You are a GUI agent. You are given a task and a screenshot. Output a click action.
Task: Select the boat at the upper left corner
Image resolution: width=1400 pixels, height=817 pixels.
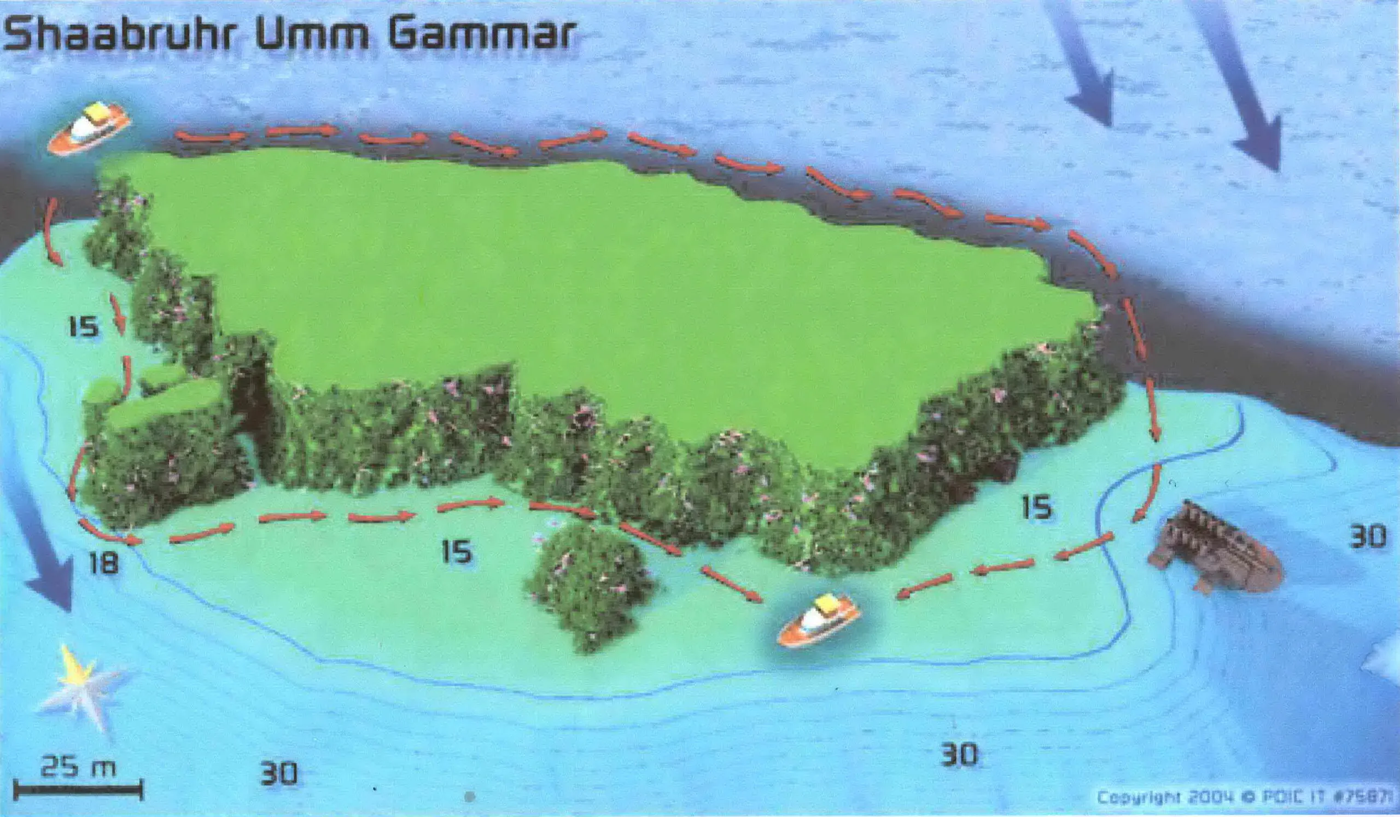pyautogui.click(x=89, y=129)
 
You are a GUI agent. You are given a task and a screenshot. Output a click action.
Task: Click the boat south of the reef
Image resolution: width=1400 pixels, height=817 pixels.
pyautogui.click(x=818, y=620)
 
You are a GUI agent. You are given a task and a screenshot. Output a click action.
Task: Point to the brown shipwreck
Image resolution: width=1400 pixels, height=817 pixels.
pyautogui.click(x=1216, y=547)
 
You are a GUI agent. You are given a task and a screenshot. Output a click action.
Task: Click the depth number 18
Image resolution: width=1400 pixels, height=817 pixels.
pyautogui.click(x=104, y=564)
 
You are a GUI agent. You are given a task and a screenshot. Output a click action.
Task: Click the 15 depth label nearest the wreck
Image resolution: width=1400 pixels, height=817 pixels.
pyautogui.click(x=1037, y=507)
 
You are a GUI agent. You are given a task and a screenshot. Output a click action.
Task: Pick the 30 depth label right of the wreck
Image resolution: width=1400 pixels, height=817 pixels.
pyautogui.click(x=1367, y=538)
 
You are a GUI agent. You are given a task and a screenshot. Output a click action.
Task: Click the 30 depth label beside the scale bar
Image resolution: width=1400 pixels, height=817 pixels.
pyautogui.click(x=279, y=773)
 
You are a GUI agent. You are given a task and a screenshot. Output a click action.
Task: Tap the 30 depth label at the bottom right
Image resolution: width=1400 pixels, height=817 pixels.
pyautogui.click(x=959, y=755)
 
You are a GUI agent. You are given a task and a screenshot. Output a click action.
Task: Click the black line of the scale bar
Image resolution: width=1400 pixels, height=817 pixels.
pyautogui.click(x=78, y=789)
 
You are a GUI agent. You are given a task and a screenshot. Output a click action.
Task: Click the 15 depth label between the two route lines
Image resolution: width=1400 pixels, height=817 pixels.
pyautogui.click(x=457, y=552)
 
